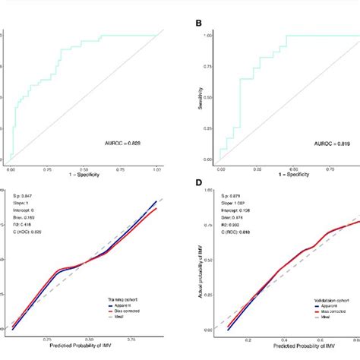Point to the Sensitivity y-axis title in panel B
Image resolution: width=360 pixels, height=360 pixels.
pyautogui.click(x=198, y=99)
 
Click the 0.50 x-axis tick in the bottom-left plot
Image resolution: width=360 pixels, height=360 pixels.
pyautogui.click(x=89, y=341)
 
